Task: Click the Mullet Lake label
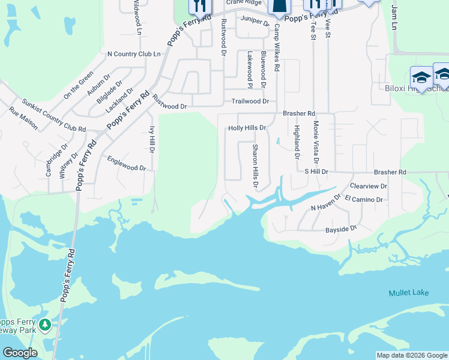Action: pos(408,292)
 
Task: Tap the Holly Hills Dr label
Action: pos(247,128)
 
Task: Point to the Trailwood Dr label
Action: pos(246,102)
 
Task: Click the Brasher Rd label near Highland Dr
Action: pos(299,113)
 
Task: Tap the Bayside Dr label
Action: pos(341,228)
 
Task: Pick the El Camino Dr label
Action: pos(364,199)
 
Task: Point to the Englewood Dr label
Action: pos(127,164)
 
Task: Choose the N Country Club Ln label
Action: pos(134,54)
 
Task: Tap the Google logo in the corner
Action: pos(19,353)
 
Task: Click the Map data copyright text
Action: pos(412,355)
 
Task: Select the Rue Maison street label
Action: pos(23,118)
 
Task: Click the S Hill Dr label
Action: pos(316,172)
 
